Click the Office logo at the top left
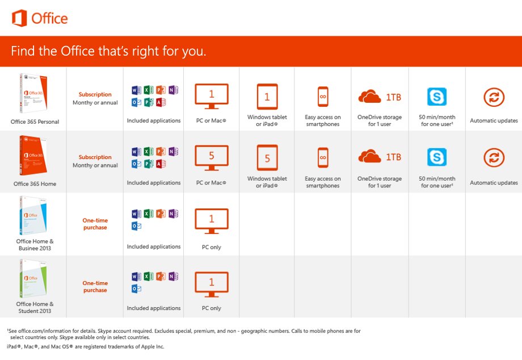coord(40,18)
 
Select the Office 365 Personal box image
coord(33,93)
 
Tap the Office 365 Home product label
coord(35,184)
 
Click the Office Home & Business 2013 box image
coord(33,215)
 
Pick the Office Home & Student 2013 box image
coord(33,278)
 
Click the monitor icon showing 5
coord(212,158)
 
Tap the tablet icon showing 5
coord(267,158)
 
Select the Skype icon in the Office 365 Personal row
coord(437,97)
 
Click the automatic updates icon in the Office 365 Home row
coord(494,157)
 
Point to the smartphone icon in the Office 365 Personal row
coord(323,97)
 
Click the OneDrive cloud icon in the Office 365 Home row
coord(369,156)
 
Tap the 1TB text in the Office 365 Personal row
coord(394,97)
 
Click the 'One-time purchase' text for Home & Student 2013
coord(95,286)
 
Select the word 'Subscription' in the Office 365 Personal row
coord(95,95)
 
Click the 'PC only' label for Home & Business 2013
coord(212,247)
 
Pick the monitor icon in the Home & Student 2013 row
coord(212,284)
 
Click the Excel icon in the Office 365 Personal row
coord(149,90)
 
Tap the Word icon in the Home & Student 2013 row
coord(136,277)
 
